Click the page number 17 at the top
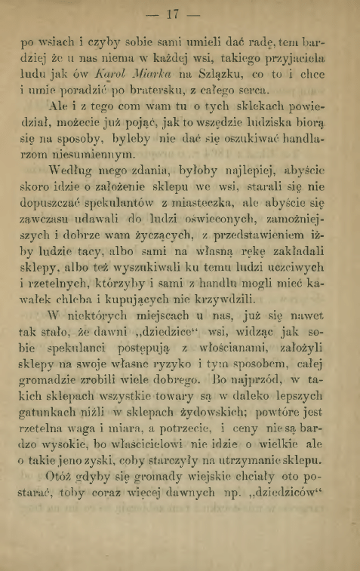180,14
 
